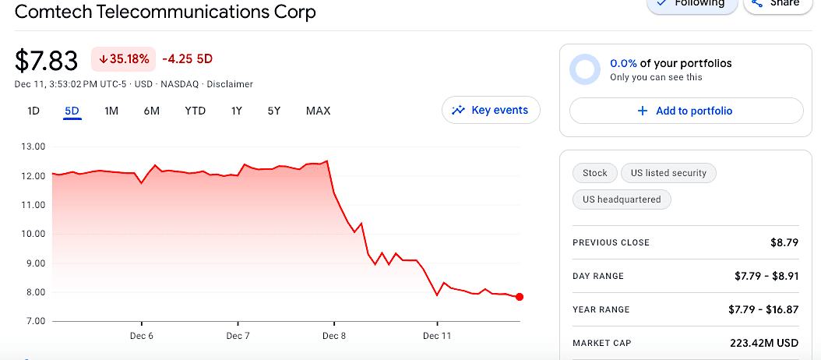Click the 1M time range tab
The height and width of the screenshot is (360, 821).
[111, 111]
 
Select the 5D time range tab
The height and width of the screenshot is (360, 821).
[72, 111]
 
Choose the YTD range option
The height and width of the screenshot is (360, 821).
[195, 111]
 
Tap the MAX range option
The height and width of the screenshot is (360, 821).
[318, 111]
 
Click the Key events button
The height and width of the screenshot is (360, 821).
[491, 110]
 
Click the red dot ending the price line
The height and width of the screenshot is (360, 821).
[520, 297]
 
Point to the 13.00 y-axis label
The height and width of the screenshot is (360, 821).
[31, 146]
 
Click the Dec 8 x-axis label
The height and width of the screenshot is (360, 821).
[333, 336]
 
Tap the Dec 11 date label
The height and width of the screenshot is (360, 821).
[437, 336]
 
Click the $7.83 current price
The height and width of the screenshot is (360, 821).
[47, 60]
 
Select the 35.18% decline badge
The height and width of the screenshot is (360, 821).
[123, 58]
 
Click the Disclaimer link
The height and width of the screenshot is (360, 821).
[230, 84]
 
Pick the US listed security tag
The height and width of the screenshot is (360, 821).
[668, 173]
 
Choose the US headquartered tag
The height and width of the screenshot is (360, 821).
[622, 199]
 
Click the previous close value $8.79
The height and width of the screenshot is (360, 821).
[784, 242]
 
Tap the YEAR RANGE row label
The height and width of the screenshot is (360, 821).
[601, 309]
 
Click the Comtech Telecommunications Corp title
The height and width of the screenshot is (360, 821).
[166, 12]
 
